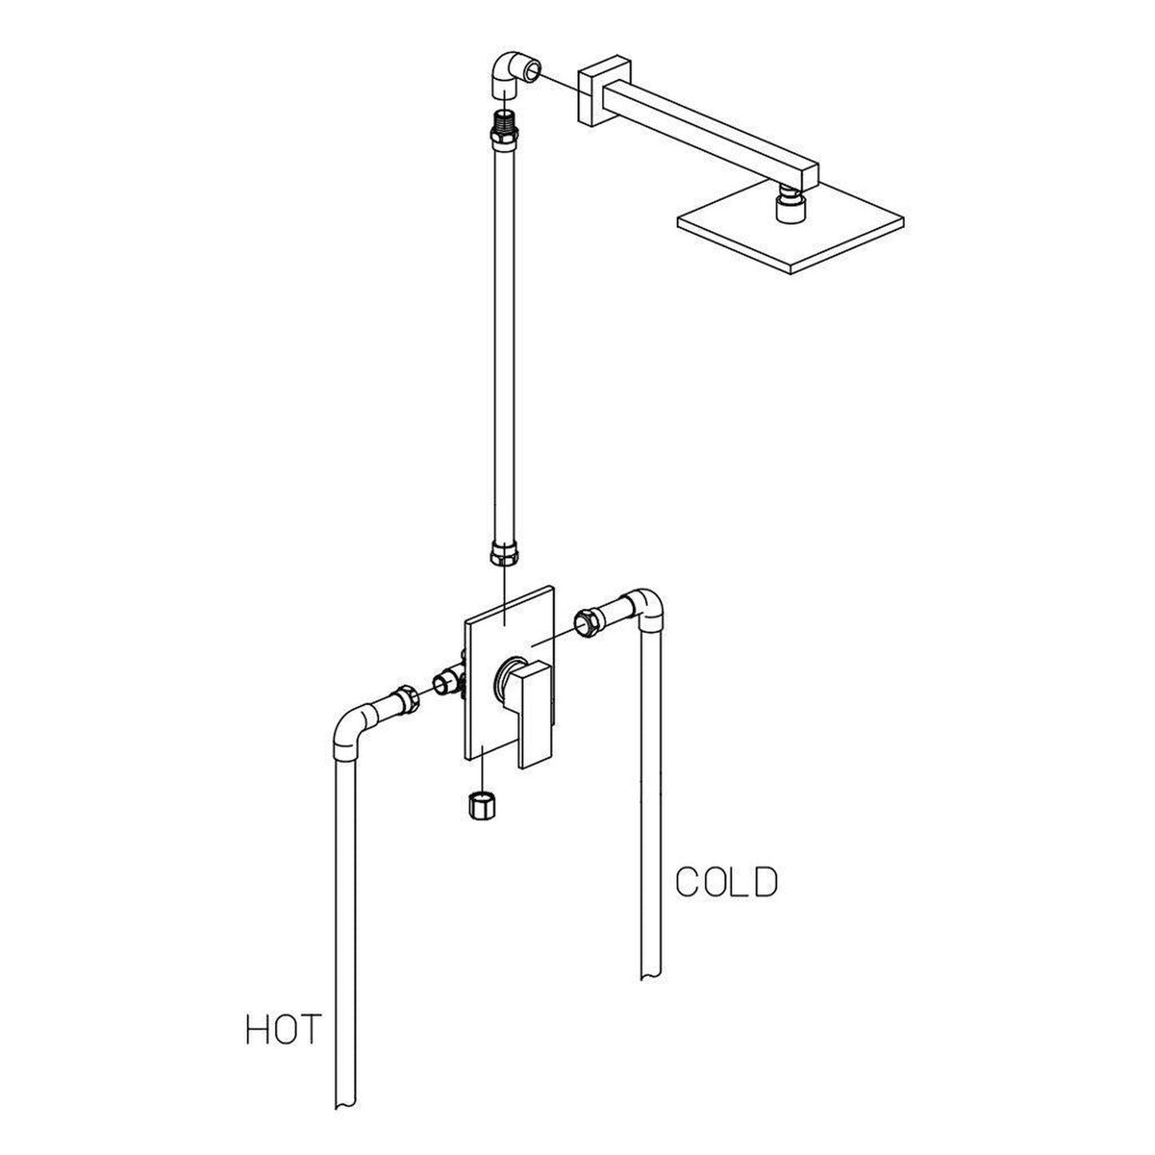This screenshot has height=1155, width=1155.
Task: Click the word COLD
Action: pos(726,882)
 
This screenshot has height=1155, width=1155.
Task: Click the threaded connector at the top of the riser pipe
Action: pos(504,124)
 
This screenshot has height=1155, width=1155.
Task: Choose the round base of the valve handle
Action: pos(507,676)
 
